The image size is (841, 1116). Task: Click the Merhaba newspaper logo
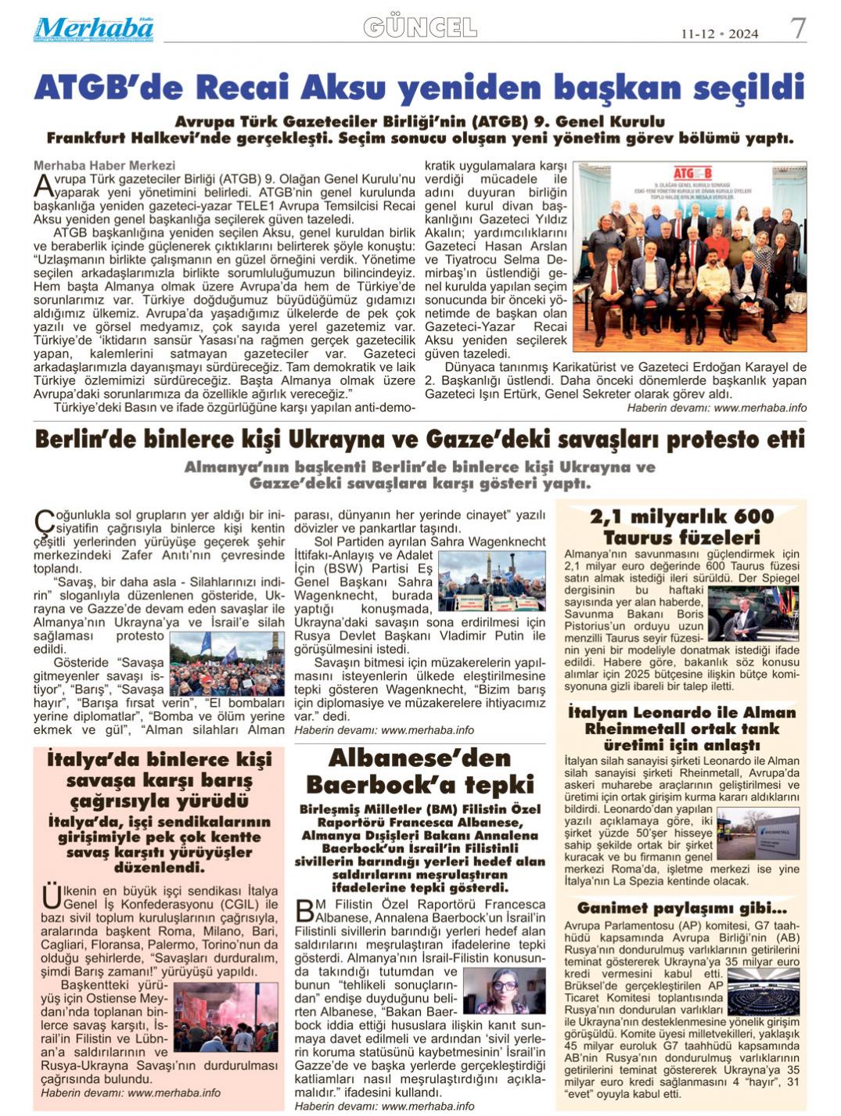(93, 29)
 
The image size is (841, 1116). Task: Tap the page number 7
(797, 30)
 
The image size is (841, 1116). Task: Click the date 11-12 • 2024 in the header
(719, 34)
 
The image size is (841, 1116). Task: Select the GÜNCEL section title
(420, 28)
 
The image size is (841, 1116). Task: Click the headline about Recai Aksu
(419, 87)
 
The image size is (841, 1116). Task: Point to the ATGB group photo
(690, 257)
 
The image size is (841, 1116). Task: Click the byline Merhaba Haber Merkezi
(104, 166)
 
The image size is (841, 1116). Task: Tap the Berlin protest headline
(419, 439)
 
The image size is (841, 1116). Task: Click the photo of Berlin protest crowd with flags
(227, 664)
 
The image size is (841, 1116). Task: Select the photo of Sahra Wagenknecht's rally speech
(491, 581)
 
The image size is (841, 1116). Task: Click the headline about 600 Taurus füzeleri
(681, 527)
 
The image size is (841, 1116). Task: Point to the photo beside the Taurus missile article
(753, 614)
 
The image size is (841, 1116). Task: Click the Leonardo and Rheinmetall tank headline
(681, 729)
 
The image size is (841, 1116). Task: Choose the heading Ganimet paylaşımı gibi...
(681, 909)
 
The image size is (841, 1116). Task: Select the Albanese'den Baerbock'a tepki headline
(419, 772)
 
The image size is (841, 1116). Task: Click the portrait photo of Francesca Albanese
(504, 991)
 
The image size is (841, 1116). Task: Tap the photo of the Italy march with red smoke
(226, 1017)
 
